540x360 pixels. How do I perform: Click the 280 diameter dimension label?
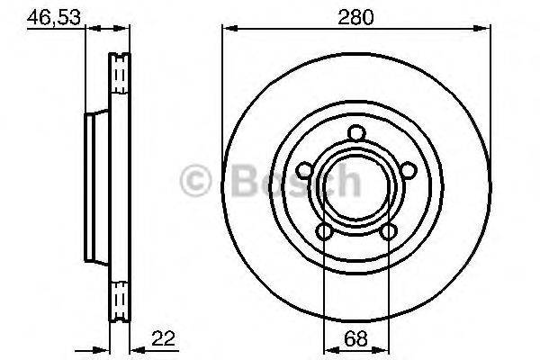(x=355, y=15)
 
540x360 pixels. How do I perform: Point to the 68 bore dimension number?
(x=355, y=340)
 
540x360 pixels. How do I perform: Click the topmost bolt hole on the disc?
(x=355, y=133)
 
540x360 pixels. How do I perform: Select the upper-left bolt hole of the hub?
(x=304, y=170)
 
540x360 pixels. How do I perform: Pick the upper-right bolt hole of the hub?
(x=407, y=170)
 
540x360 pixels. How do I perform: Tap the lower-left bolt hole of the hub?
(x=324, y=231)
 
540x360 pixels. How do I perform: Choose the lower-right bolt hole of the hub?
(x=388, y=231)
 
